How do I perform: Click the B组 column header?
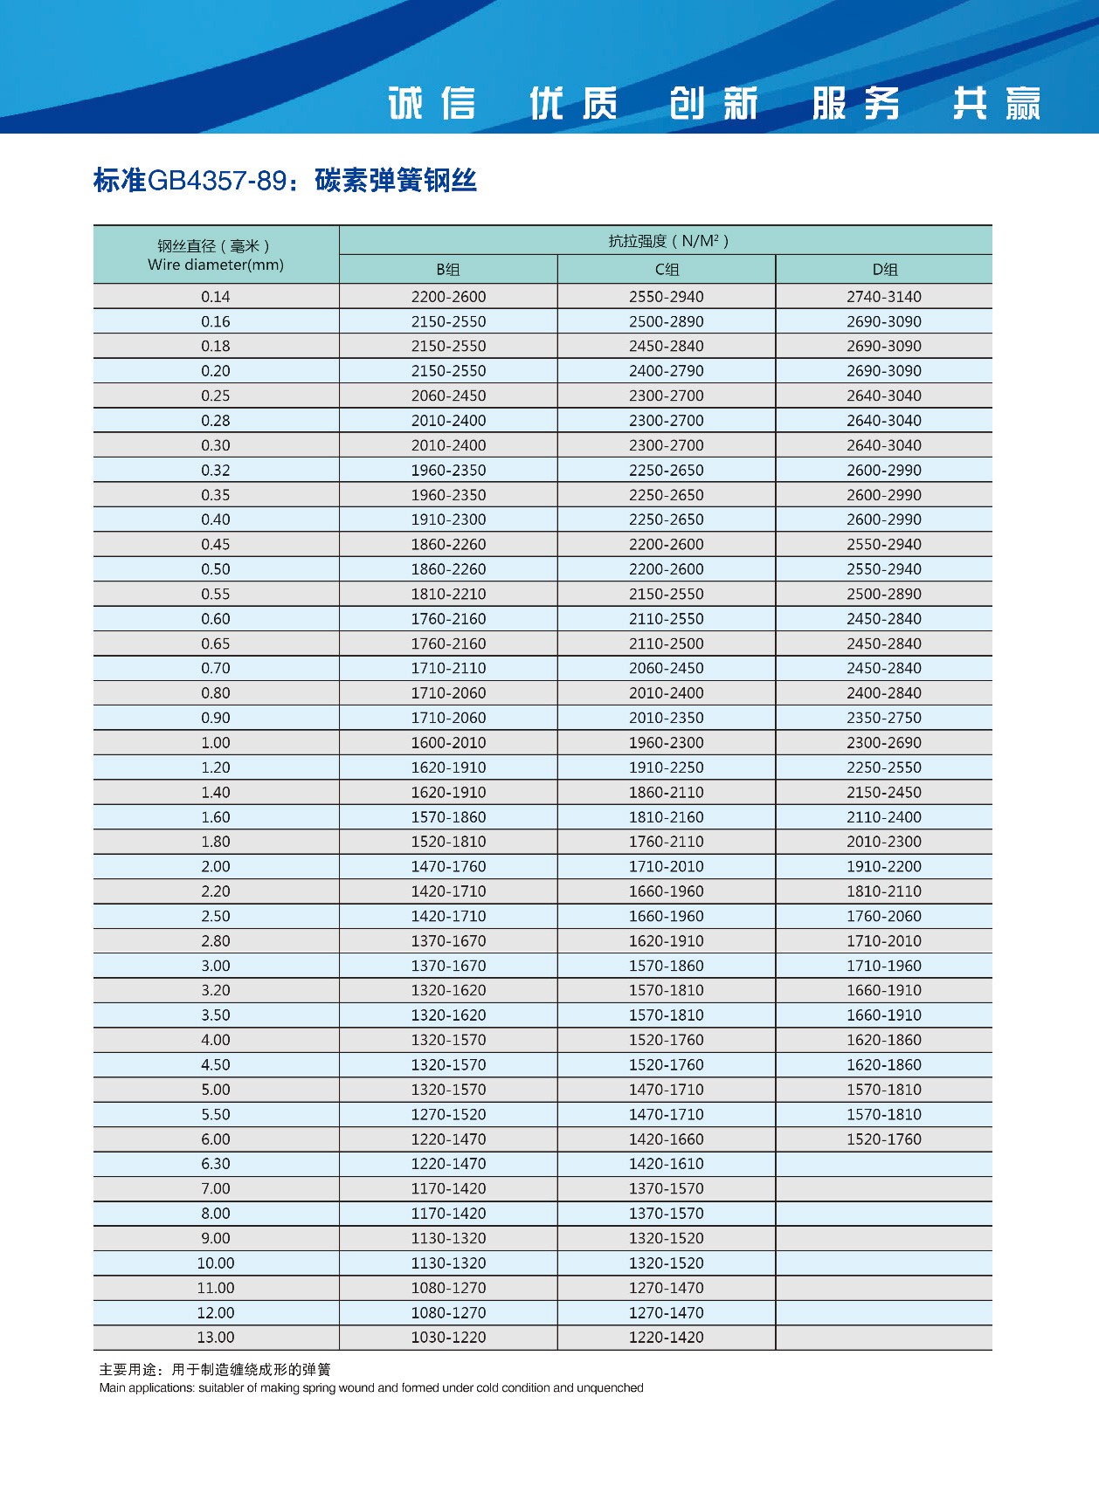(x=448, y=270)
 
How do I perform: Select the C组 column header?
(x=667, y=270)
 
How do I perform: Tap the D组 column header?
(x=884, y=270)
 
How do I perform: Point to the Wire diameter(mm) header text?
(x=216, y=265)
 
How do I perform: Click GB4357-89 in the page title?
(x=217, y=181)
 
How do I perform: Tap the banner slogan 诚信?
(x=432, y=103)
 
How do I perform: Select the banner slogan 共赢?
(x=997, y=103)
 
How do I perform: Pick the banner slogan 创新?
(x=714, y=103)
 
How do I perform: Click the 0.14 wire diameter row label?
(x=216, y=297)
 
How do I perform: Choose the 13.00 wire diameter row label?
(x=216, y=1338)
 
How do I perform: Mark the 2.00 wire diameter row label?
(x=216, y=867)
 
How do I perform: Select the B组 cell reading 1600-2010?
(x=448, y=743)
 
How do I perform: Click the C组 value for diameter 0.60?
(x=667, y=619)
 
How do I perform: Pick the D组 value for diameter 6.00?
(x=884, y=1139)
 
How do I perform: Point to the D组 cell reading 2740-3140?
(x=884, y=297)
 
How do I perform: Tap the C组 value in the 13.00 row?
(x=667, y=1338)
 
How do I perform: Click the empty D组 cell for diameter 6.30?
(x=884, y=1164)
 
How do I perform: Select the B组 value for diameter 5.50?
(x=448, y=1115)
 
